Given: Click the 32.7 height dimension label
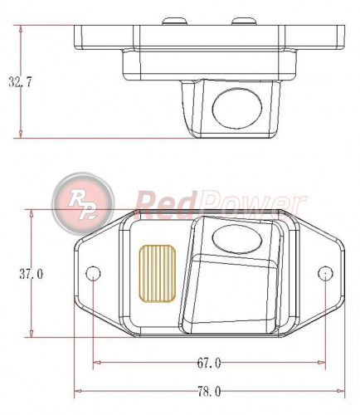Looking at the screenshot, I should point(22,81).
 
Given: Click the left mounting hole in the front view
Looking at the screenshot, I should point(94,273).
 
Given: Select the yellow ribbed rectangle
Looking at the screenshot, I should point(158,271).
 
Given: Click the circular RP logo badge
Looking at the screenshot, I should point(80,199).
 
